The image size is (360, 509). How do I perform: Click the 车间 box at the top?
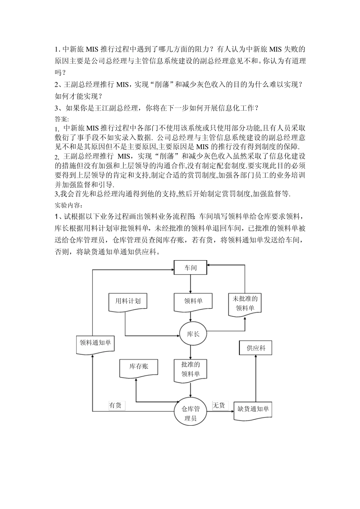pos(191,268)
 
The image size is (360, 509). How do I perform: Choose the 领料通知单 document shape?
pos(95,343)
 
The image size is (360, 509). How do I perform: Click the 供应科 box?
pos(255,348)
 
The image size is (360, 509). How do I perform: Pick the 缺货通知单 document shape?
pos(253,410)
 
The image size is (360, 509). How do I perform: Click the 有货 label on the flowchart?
pos(115,405)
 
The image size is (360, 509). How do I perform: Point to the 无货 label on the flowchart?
pos(219,405)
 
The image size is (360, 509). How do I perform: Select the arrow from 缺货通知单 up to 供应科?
pos(255,379)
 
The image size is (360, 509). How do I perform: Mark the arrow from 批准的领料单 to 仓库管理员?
pos(191,390)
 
